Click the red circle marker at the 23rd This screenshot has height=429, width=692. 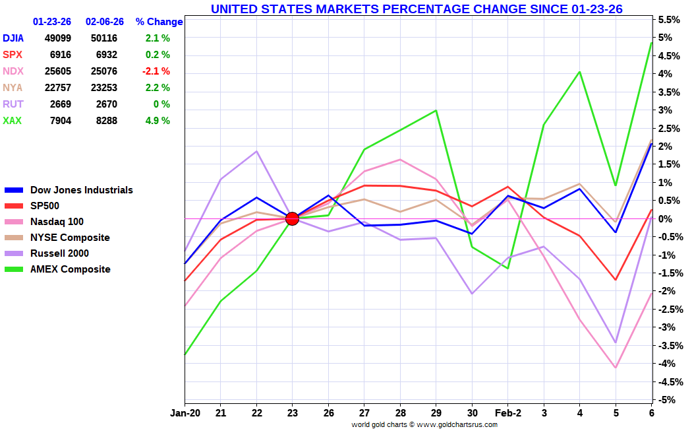pos(292,218)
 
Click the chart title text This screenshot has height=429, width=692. pos(417,9)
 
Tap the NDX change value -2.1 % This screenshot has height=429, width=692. pos(156,71)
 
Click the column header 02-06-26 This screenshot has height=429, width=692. pos(105,22)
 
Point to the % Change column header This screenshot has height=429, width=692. pos(159,22)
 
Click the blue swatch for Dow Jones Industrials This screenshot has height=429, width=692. pos(16,190)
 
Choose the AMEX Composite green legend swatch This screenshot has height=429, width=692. pos(16,269)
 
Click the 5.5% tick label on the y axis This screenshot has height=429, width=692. pos(668,20)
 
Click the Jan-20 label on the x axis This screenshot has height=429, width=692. pos(185,412)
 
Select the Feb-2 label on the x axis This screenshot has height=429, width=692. pos(507,412)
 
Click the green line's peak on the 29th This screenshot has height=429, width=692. pos(436,110)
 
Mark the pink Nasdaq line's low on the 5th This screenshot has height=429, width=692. pos(616,368)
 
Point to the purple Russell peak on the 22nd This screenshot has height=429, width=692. pos(256,151)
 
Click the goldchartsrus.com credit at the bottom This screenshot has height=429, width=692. pos(424,424)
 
